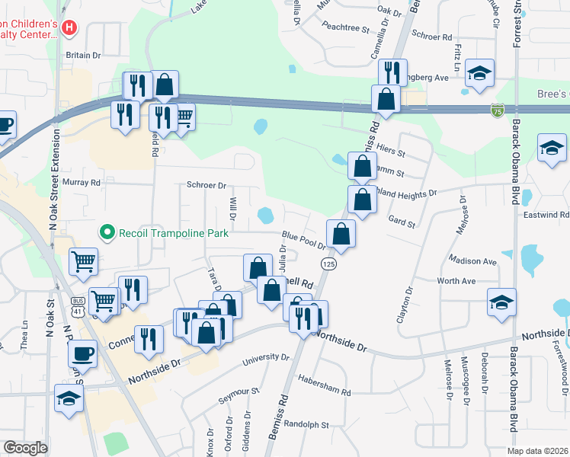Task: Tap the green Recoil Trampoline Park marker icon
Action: point(108,232)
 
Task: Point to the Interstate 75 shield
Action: point(498,111)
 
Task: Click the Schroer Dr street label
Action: point(207,185)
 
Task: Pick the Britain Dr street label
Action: point(83,55)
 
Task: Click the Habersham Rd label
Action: point(325,385)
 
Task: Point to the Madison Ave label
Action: point(473,260)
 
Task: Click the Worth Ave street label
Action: point(456,281)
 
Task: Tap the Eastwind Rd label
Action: point(546,216)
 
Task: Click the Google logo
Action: point(25,448)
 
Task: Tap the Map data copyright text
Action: point(537,451)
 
